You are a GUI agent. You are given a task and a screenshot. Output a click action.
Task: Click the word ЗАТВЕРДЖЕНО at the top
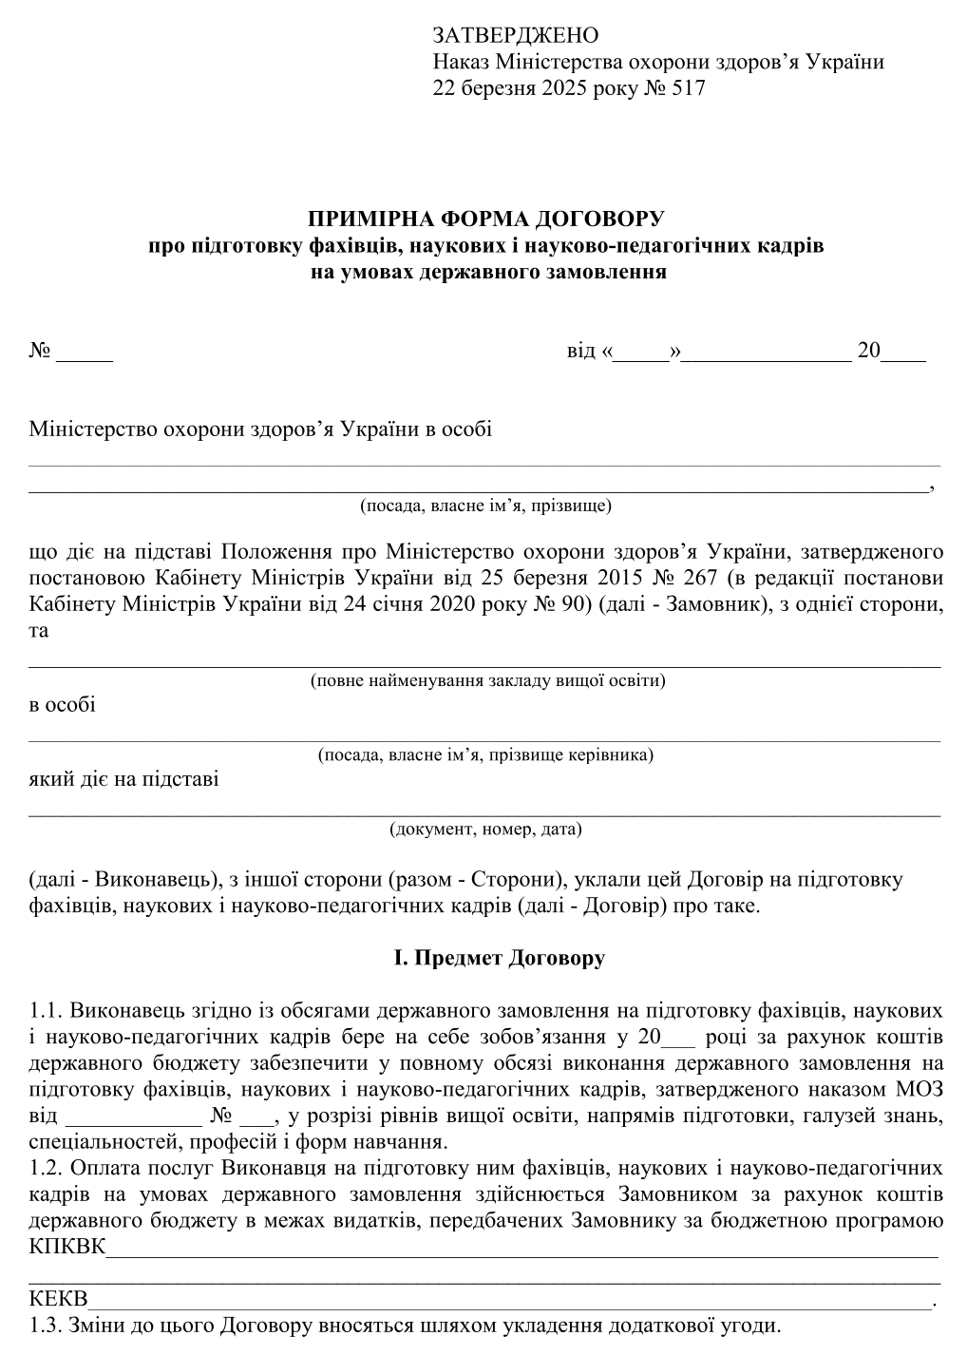[x=516, y=36]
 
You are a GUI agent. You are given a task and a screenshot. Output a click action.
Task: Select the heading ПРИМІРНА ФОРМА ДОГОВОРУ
[x=483, y=219]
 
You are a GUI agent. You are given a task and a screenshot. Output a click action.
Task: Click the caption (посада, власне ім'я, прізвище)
[x=484, y=505]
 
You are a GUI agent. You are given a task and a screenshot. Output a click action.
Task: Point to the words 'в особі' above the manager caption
[x=63, y=705]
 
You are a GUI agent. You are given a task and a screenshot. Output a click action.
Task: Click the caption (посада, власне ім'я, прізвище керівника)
[x=485, y=755]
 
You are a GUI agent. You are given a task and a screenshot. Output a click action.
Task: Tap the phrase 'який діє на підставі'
[x=124, y=779]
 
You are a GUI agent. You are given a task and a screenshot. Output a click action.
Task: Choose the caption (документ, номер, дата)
[x=485, y=830]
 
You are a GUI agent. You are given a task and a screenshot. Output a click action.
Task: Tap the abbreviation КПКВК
[x=67, y=1247]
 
